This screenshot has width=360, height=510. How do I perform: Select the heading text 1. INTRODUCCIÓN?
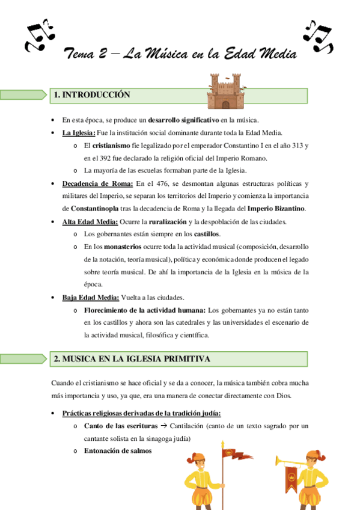pyautogui.click(x=92, y=95)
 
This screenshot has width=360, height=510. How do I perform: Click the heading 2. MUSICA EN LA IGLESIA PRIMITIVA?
pyautogui.click(x=132, y=359)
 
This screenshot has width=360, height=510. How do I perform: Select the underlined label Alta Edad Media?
pyautogui.click(x=90, y=221)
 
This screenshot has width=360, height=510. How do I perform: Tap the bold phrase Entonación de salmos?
pyautogui.click(x=118, y=450)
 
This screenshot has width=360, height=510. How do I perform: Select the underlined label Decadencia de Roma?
pyautogui.click(x=97, y=183)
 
